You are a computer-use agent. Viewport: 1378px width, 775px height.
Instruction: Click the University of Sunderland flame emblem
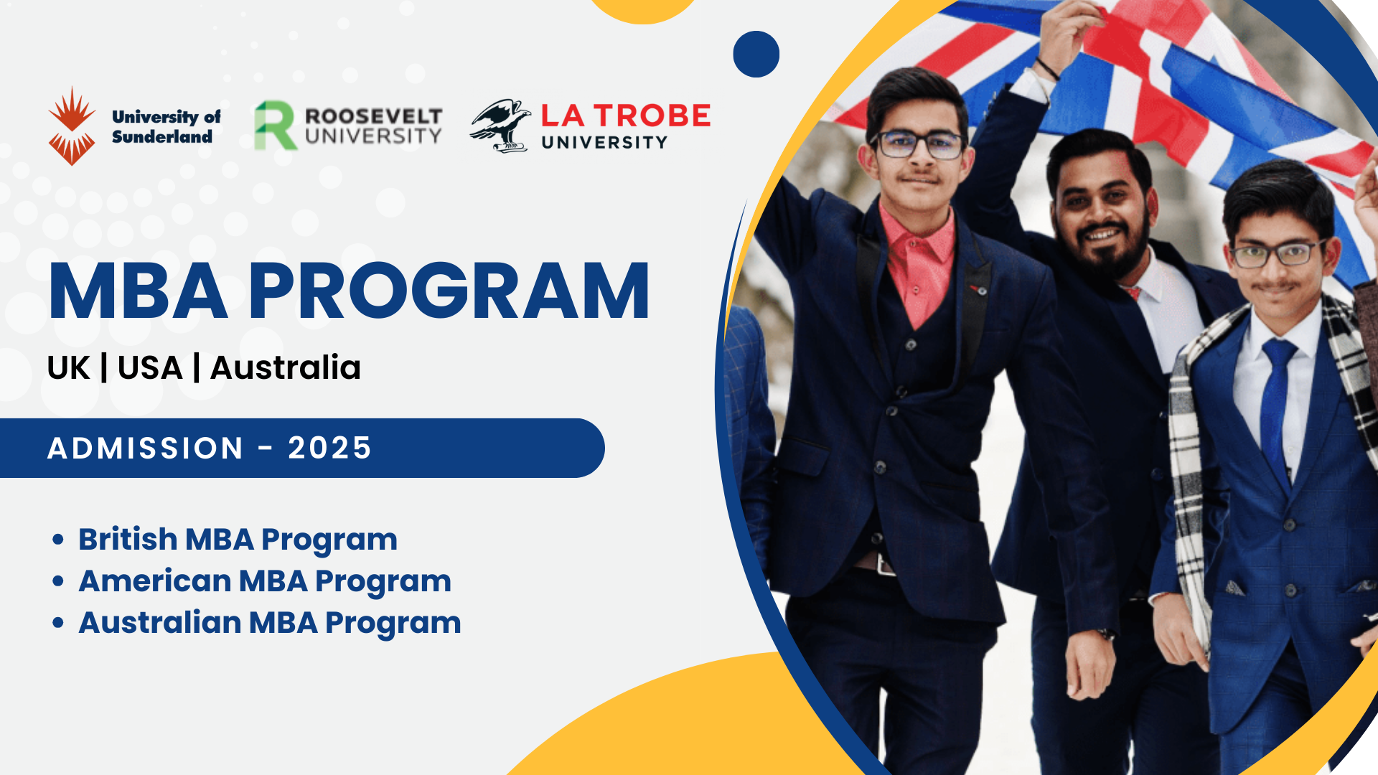pyautogui.click(x=72, y=126)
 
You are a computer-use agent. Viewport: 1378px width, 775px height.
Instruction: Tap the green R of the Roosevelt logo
pyautogui.click(x=275, y=126)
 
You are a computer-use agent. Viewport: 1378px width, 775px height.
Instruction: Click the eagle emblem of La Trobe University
pyautogui.click(x=500, y=126)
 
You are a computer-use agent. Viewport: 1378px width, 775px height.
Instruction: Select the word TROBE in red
pyautogui.click(x=652, y=116)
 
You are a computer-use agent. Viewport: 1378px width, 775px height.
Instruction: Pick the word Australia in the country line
pyautogui.click(x=286, y=367)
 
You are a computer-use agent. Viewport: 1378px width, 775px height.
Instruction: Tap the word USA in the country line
pyautogui.click(x=150, y=368)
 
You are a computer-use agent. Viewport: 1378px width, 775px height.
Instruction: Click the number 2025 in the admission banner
pyautogui.click(x=329, y=448)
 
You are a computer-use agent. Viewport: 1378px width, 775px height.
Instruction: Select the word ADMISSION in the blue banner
pyautogui.click(x=146, y=448)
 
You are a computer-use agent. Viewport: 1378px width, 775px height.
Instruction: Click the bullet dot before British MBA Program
pyautogui.click(x=58, y=540)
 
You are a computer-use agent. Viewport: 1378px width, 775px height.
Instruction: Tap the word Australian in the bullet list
pyautogui.click(x=160, y=622)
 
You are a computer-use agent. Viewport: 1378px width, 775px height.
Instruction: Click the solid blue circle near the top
pyautogui.click(x=756, y=54)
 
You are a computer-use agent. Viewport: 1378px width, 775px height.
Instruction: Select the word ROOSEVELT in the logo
pyautogui.click(x=373, y=116)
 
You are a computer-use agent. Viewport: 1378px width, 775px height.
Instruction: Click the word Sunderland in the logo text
pyautogui.click(x=162, y=136)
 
